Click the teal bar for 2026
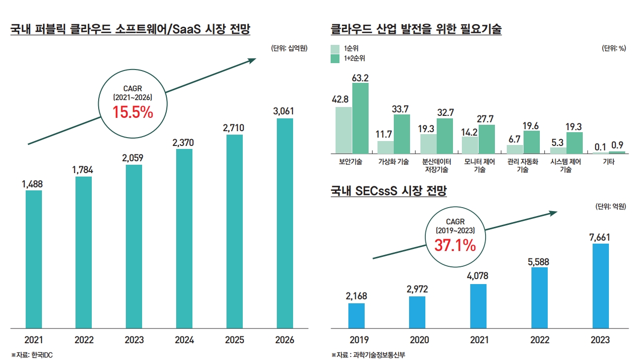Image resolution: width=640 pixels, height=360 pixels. tap(285, 223)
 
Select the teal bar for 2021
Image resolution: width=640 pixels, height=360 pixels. tap(34, 259)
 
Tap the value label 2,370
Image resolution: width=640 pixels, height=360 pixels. tap(183, 143)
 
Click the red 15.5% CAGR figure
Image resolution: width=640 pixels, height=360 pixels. tap(133, 112)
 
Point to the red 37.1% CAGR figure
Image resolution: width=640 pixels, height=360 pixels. tap(455, 244)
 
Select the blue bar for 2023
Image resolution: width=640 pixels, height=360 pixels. tap(600, 286)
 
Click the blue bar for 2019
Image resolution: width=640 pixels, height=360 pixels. tap(356, 316)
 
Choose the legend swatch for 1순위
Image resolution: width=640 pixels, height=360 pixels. tap(335, 49)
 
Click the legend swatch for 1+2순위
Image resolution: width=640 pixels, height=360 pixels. tap(335, 59)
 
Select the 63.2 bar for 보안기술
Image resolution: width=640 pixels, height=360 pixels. tap(360, 118)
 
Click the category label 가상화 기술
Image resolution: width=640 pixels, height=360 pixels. tap(393, 161)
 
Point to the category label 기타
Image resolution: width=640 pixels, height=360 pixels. tap(608, 161)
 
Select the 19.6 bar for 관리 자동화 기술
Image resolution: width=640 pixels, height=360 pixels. tap(531, 142)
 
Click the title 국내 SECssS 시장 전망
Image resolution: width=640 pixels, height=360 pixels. tap(389, 191)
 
